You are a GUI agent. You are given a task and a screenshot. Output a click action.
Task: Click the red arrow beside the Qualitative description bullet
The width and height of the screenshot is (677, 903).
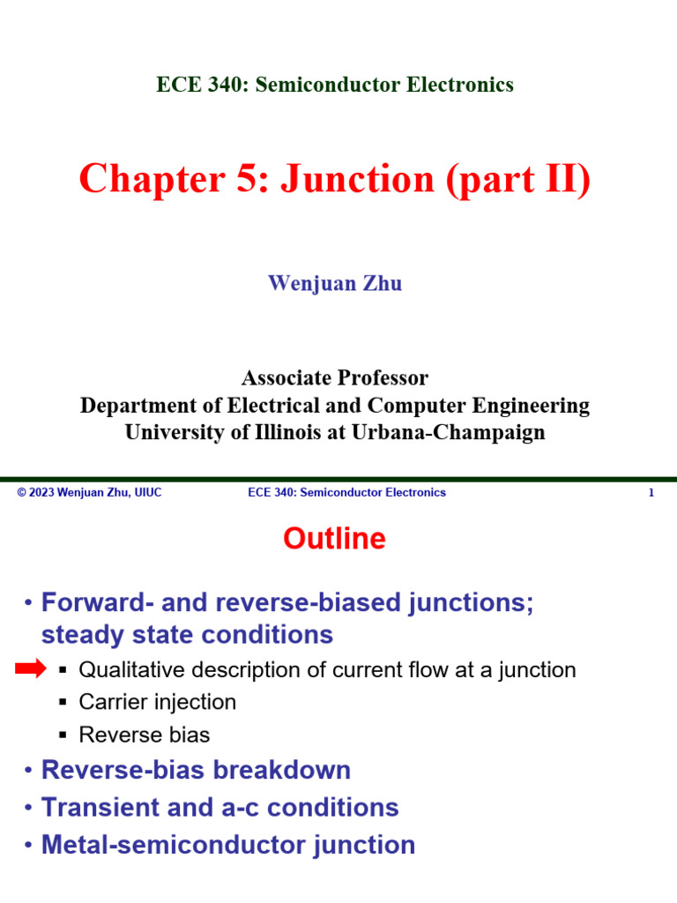pyautogui.click(x=31, y=670)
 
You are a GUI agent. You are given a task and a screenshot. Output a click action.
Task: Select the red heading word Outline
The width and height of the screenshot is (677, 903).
pyautogui.click(x=334, y=539)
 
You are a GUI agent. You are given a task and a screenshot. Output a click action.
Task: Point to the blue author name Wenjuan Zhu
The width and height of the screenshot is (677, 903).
pyautogui.click(x=335, y=284)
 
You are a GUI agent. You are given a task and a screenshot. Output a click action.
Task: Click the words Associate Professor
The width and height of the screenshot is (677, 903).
pyautogui.click(x=335, y=378)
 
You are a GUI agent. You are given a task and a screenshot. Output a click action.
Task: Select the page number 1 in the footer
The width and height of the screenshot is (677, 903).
pyautogui.click(x=651, y=493)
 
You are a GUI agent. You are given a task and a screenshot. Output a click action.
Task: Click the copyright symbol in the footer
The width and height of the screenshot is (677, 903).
pyautogui.click(x=21, y=493)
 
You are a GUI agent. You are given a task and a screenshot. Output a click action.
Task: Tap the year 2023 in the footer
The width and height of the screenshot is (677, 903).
pyautogui.click(x=42, y=493)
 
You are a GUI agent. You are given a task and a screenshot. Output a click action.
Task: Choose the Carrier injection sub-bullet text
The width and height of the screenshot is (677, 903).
pyautogui.click(x=158, y=703)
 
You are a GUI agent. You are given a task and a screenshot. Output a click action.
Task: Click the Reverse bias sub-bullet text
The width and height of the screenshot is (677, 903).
pyautogui.click(x=145, y=735)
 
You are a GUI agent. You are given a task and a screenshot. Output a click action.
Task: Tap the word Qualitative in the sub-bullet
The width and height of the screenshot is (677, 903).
pyautogui.click(x=124, y=670)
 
